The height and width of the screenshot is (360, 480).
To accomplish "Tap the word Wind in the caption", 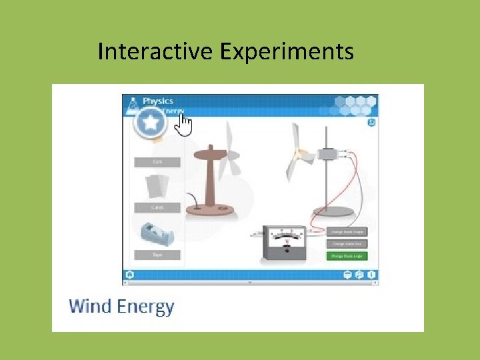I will coord(91,307).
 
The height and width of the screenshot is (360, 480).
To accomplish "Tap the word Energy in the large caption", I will coord(145,307).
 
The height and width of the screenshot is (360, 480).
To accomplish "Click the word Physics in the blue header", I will coord(159,101).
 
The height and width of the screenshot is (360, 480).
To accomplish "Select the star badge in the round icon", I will coord(151,123).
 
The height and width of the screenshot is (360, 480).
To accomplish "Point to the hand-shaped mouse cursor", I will coord(184,125).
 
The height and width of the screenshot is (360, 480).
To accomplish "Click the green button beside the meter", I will coord(347,256).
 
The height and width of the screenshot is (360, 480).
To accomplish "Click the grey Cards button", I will coord(157,208).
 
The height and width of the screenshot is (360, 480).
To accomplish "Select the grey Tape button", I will coord(157,255).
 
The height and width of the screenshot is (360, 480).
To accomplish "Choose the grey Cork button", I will coord(157,162).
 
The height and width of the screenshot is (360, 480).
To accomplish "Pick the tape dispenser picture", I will coord(157,235).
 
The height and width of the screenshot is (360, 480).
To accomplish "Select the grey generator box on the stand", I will coord(328,154).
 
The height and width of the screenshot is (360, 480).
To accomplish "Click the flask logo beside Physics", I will coord(133,104).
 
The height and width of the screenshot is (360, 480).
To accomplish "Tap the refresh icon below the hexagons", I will coord(371,123).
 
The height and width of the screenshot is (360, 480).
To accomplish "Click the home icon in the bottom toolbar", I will coord(129,275).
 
